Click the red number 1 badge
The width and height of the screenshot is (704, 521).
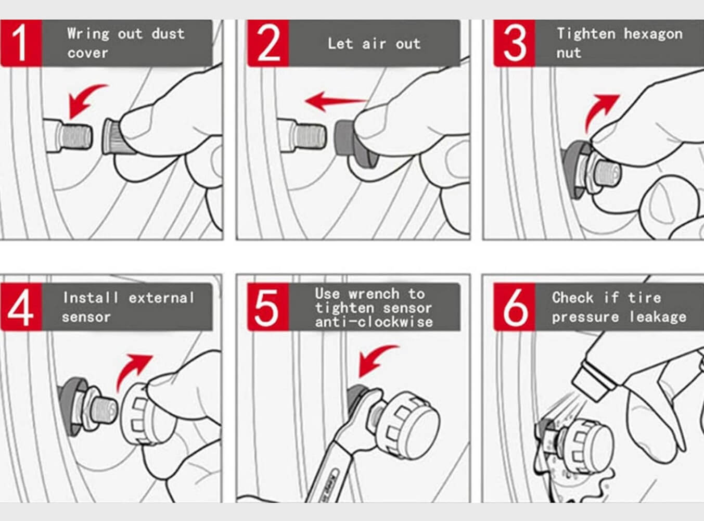click(21, 43)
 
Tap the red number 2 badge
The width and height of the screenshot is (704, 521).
click(268, 43)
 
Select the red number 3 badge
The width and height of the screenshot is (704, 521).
click(515, 43)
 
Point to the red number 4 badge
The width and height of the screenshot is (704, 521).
click(21, 307)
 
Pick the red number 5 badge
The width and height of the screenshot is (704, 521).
click(268, 307)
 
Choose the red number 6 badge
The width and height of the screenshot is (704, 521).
click(515, 307)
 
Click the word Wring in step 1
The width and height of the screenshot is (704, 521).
click(88, 34)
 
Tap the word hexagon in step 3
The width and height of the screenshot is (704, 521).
click(653, 34)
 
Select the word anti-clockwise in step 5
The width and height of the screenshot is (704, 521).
click(374, 322)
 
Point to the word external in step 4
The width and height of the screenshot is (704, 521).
click(161, 298)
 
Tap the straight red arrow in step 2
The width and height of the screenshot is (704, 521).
click(335, 101)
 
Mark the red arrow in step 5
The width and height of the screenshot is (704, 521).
click(376, 360)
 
